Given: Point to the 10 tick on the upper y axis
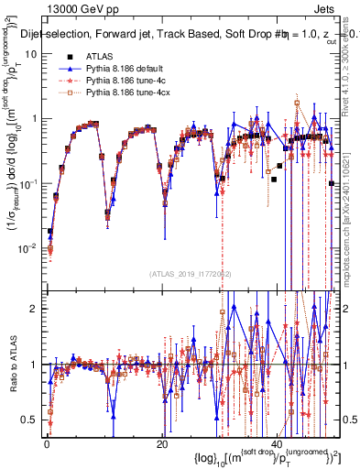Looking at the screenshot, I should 32,53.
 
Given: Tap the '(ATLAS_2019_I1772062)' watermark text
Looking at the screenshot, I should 191,273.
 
